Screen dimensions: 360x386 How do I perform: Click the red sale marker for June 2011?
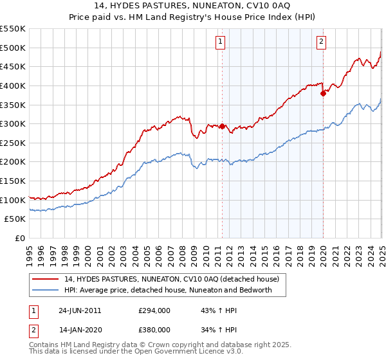[223, 126]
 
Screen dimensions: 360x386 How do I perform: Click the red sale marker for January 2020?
[323, 93]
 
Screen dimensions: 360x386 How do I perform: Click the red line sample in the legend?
[45, 280]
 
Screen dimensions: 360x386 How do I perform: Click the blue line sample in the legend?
[45, 291]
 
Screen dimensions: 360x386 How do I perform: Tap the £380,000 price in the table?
[154, 330]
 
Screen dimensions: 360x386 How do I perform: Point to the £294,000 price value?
[154, 310]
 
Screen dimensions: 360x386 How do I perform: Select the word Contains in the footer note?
[44, 346]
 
